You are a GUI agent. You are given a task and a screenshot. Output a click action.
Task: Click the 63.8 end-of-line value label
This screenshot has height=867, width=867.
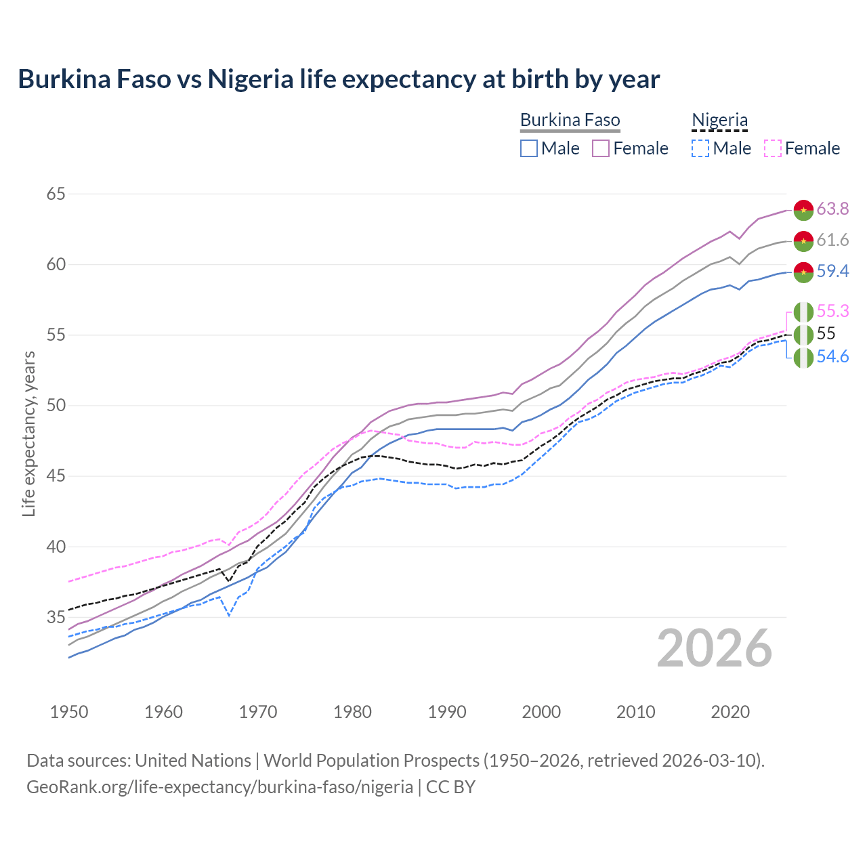point(832,209)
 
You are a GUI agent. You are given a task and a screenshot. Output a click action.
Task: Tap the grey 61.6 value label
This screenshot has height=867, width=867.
point(832,240)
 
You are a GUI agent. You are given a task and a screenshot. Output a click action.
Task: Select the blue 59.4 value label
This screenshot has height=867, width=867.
point(832,271)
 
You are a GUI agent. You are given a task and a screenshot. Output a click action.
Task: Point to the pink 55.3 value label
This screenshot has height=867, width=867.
point(832,311)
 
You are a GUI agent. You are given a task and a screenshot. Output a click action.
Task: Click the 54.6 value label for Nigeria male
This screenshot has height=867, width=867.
point(832,356)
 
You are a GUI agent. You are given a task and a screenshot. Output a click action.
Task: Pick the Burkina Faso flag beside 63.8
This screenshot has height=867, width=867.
point(803,210)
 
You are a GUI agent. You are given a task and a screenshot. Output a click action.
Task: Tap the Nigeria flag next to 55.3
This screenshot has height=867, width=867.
point(803,312)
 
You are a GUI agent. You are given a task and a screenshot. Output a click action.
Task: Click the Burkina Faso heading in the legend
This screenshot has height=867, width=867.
point(570,120)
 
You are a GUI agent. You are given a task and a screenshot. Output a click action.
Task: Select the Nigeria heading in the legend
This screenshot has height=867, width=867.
point(719,120)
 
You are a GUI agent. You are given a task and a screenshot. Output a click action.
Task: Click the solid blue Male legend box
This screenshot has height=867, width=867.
point(529,148)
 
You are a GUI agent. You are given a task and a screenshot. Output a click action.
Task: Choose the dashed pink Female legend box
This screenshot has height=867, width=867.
point(773,148)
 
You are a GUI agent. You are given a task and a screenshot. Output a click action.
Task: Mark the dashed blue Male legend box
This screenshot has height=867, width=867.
point(700,148)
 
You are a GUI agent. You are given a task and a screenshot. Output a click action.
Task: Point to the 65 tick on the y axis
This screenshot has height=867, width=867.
point(56,194)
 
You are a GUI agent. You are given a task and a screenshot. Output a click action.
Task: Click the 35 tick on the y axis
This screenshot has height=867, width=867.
point(56,617)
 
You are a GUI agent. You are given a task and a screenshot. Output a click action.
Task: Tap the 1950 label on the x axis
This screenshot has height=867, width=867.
point(69,712)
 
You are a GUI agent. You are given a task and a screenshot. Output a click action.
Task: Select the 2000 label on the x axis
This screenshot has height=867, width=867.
point(541,712)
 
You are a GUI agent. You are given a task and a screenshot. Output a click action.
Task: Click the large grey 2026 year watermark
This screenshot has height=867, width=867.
point(714,648)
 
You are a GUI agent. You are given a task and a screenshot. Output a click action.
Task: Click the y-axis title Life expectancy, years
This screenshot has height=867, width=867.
point(28,433)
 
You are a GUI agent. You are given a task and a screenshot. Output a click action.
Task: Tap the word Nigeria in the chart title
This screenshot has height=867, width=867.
point(250,79)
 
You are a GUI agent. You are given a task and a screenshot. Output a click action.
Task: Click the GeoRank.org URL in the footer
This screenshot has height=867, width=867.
point(219,786)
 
